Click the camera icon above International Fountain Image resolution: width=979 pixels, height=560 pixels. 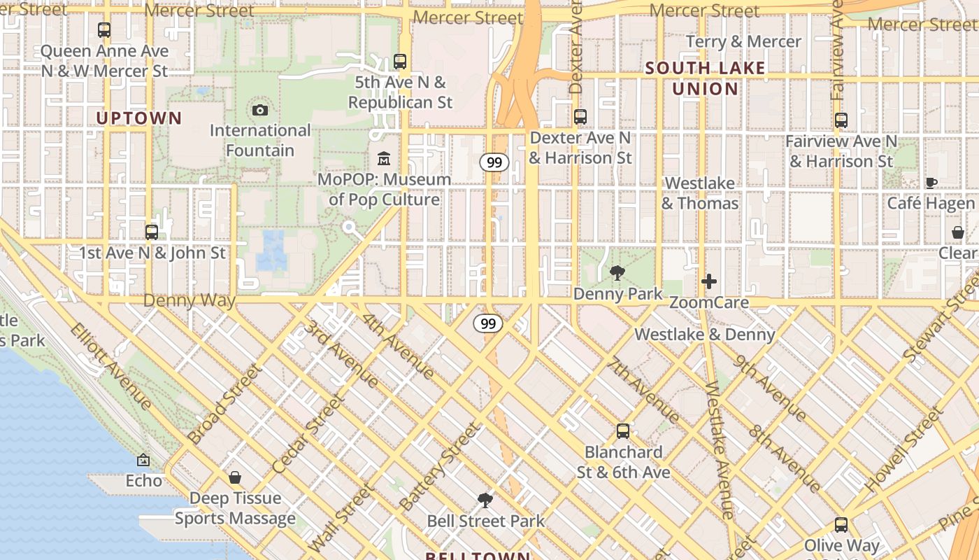pos(259,110)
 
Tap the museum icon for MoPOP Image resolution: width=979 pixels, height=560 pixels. pos(383,159)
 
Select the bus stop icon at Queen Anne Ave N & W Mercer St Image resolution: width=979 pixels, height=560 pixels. pos(104,30)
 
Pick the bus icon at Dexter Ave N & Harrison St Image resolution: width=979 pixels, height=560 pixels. pos(580,117)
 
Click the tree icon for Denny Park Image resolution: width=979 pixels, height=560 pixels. pos(617,273)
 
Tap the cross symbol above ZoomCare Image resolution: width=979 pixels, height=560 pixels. pos(709,281)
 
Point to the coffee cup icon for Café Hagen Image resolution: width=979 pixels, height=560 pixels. pos(931,183)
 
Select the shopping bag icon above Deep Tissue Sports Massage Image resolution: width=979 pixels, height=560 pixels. pos(235,477)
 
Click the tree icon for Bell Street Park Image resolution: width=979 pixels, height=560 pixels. pos(485,500)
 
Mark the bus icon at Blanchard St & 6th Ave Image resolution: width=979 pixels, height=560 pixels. pos(623,431)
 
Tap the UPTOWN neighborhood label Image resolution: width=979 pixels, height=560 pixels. pos(139,118)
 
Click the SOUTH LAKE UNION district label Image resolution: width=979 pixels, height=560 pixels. pos(705,78)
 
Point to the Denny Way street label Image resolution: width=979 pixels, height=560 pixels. pos(189,301)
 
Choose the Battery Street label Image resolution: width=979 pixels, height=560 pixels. pos(439,466)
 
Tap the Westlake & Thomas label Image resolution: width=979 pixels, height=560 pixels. pos(700,193)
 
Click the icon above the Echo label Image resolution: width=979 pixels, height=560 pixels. pos(143,460)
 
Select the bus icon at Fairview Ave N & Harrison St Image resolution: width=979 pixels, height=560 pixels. pos(841,120)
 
